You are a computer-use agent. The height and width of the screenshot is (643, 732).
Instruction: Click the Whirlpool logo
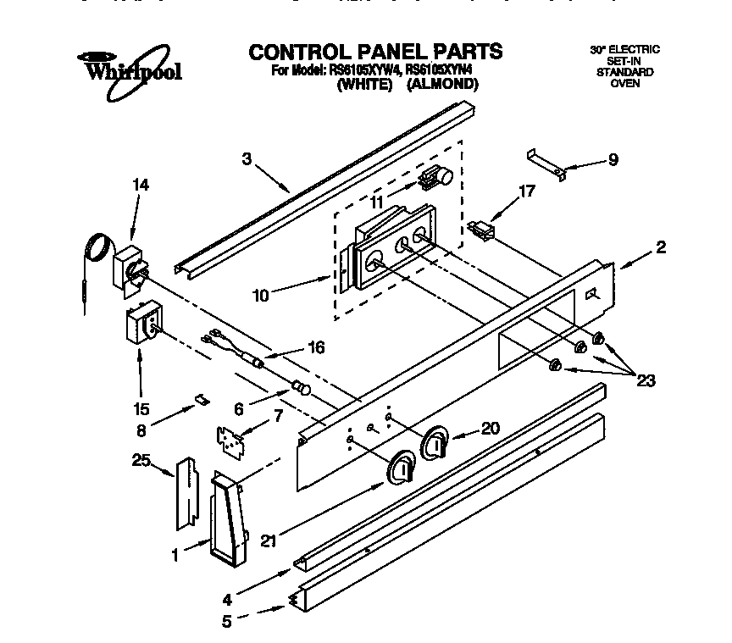pos(129,68)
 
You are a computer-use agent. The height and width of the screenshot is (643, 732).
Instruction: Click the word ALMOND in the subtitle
pos(442,85)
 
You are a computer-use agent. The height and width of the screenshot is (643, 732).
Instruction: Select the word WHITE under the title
pos(365,85)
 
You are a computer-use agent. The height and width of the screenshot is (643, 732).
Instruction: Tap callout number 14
pos(141,186)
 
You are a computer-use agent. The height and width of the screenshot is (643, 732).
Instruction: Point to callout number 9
pos(613,158)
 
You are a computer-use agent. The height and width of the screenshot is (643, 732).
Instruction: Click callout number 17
pos(526,191)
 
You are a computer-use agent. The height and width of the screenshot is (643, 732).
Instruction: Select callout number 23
pos(646,380)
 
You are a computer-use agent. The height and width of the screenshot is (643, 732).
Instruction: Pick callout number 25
pos(141,461)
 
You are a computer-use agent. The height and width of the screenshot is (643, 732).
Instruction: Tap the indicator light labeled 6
pos(301,388)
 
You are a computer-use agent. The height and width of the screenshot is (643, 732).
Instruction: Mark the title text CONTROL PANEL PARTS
pos(375,52)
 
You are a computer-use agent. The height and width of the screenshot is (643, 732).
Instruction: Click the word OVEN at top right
pos(624,83)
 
